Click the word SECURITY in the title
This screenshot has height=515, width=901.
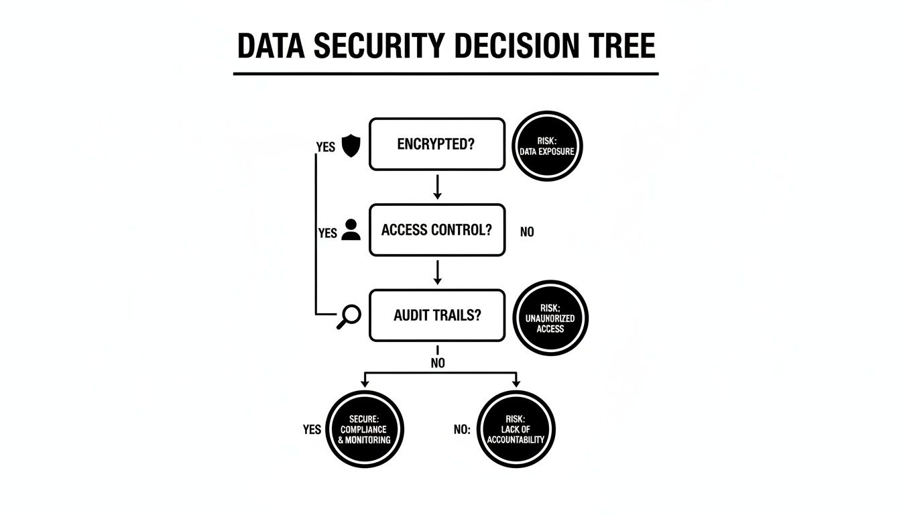(x=376, y=46)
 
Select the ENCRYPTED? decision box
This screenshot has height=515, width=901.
(x=436, y=144)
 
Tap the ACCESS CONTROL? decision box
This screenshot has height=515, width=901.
(x=436, y=230)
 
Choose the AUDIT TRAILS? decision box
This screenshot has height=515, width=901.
(x=436, y=315)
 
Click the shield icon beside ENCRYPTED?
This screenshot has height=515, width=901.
(x=351, y=146)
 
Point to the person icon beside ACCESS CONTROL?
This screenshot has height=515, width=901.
(x=351, y=230)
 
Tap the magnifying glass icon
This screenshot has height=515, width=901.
(x=349, y=317)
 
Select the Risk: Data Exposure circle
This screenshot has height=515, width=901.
(x=546, y=147)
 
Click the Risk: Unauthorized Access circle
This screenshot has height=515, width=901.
(x=550, y=318)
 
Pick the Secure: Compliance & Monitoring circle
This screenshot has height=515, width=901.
(x=364, y=429)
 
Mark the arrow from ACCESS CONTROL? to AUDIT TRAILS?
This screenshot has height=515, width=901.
(x=437, y=272)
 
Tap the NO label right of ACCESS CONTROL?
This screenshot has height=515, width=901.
(x=527, y=233)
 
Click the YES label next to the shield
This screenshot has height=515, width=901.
(x=325, y=148)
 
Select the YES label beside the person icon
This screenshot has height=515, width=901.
(x=328, y=233)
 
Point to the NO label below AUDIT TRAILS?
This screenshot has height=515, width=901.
(x=437, y=363)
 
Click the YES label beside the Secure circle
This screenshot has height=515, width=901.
(x=312, y=430)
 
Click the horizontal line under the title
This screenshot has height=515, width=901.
(x=446, y=74)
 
